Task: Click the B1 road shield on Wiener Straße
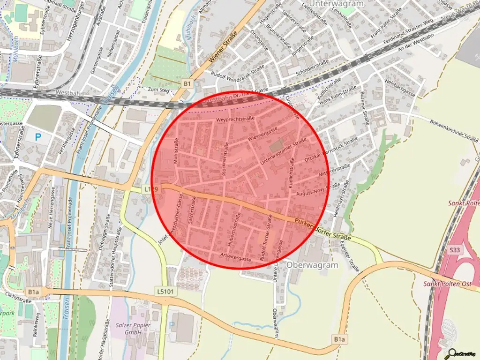(187, 83)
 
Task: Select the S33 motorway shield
(454, 250)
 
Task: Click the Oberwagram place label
(313, 265)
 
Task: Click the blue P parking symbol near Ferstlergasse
(38, 137)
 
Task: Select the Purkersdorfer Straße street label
(323, 229)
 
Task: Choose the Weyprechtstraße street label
(235, 120)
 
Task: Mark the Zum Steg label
(158, 89)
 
